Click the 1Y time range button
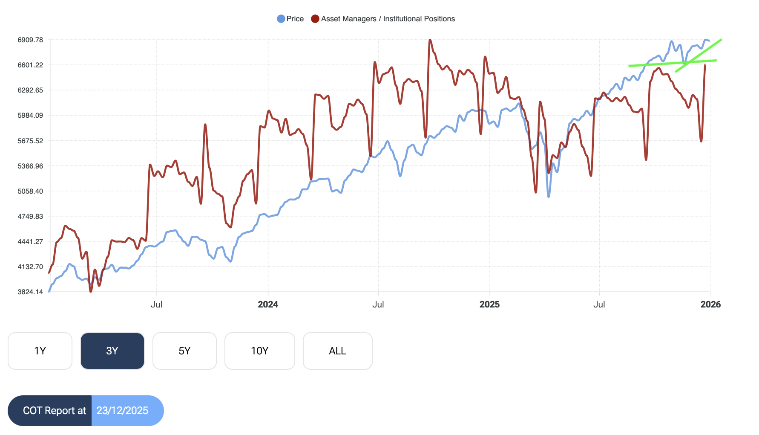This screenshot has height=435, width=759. click(x=40, y=351)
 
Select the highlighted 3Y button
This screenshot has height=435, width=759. click(x=112, y=351)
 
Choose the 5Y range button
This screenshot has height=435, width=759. click(x=184, y=351)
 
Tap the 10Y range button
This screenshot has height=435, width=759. click(x=259, y=351)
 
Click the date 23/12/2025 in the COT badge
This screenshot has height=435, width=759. click(x=123, y=411)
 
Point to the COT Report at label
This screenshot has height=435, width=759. click(x=55, y=411)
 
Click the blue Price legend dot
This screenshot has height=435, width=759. click(x=281, y=19)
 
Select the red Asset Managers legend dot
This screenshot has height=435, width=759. click(x=315, y=19)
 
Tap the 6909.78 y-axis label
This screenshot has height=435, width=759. click(x=30, y=40)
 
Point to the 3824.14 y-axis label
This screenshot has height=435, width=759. click(x=30, y=292)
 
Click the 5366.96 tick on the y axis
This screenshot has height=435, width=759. click(x=30, y=166)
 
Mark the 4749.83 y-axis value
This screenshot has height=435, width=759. click(x=30, y=217)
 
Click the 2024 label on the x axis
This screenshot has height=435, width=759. click(x=268, y=304)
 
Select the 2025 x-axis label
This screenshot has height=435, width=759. click(x=489, y=304)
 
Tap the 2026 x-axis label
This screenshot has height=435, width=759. click(x=710, y=304)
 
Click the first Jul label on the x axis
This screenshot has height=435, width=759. click(x=156, y=304)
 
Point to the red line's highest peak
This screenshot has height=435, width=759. click(x=430, y=40)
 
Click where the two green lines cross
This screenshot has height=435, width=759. click(x=687, y=63)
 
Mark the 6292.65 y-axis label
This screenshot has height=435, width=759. click(x=30, y=90)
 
